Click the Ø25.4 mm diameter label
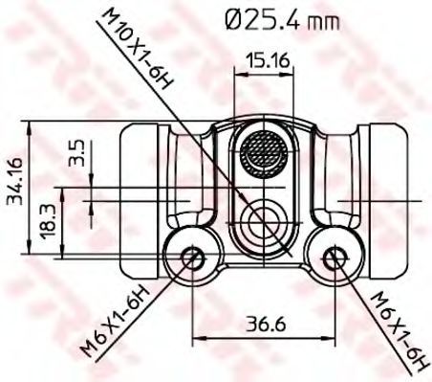pos(282,20)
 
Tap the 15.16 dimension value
pos(269,60)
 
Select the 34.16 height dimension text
pos(15,181)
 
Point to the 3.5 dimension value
pos(76,152)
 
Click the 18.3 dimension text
pos(49,220)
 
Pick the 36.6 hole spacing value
pos(266,324)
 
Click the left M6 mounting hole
pos(193,258)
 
